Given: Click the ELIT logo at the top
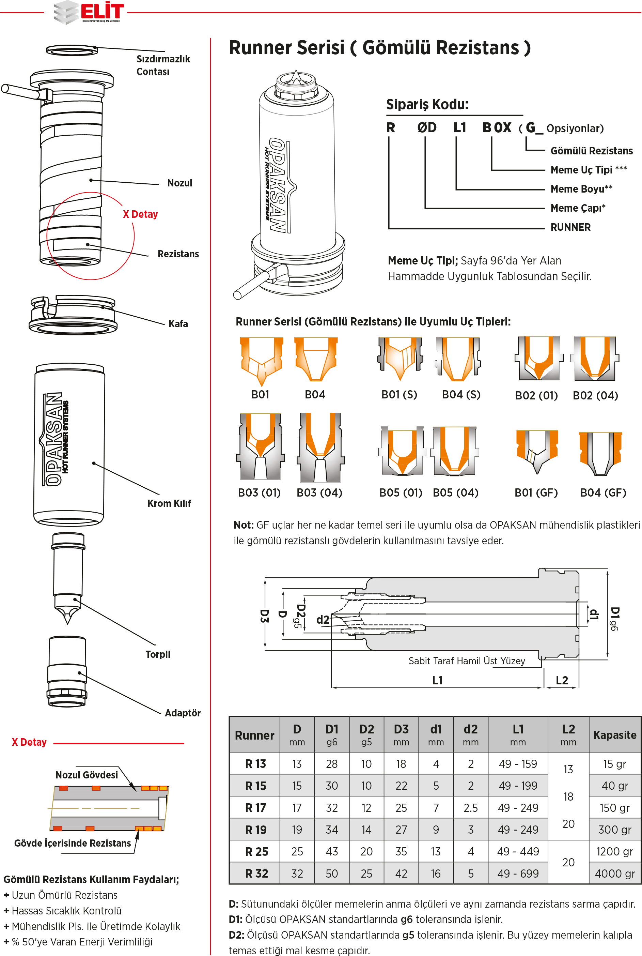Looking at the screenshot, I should click(89, 12).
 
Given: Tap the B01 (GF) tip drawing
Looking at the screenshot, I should click(537, 451).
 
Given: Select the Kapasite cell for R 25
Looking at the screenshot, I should click(614, 852).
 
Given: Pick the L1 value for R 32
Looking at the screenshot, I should click(518, 874).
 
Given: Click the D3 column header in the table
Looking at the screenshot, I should click(401, 735).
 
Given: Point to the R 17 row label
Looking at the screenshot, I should click(255, 808).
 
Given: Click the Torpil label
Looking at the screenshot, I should click(158, 654).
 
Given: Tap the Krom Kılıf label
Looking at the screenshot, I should click(169, 503).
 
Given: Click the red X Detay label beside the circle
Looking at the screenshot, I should click(140, 214).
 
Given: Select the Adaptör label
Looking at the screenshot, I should click(183, 713).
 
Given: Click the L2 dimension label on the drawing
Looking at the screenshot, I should click(562, 680).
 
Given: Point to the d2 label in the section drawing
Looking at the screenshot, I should click(323, 620).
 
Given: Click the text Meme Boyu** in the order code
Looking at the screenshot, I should click(581, 189).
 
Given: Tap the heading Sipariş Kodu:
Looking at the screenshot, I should click(427, 104).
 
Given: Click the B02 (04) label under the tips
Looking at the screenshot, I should click(595, 396).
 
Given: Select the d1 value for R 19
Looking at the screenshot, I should click(436, 830).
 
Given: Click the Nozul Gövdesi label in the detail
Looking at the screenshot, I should click(87, 775).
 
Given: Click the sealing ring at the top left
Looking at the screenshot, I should click(72, 50).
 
